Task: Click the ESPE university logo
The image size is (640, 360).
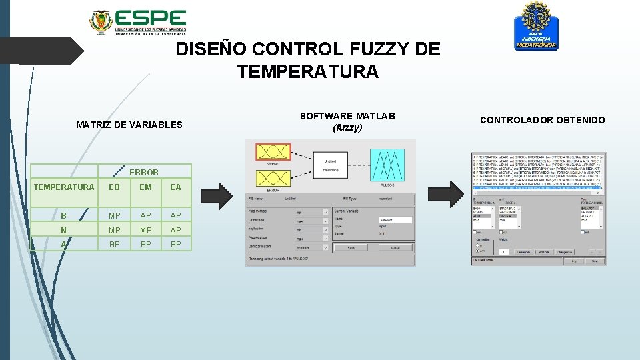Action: click(x=138, y=21)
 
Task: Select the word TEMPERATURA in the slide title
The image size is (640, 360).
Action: click(x=307, y=71)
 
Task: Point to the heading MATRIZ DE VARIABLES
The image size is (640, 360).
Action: click(x=129, y=125)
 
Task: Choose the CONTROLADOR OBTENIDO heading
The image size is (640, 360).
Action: click(x=543, y=120)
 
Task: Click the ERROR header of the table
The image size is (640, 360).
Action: click(x=144, y=172)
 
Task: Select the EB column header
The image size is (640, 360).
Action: click(x=114, y=187)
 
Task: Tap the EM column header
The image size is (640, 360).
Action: click(x=145, y=187)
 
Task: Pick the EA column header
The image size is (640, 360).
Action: click(x=175, y=187)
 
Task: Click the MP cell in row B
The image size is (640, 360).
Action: click(x=114, y=216)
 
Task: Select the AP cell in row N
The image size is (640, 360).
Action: click(x=175, y=230)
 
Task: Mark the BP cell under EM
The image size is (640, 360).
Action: click(x=145, y=244)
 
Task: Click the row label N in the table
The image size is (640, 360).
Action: click(x=63, y=230)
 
